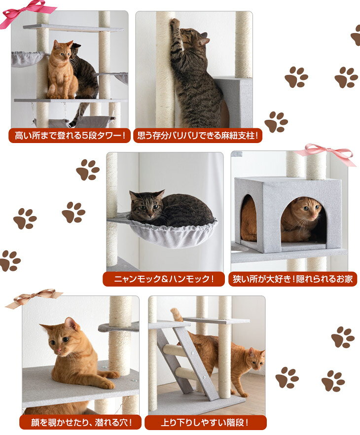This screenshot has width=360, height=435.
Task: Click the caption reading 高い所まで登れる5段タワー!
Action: [x=70, y=136]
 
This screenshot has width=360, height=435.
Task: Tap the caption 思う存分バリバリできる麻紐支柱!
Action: [x=198, y=136]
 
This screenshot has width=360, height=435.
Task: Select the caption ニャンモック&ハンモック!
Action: [x=164, y=279]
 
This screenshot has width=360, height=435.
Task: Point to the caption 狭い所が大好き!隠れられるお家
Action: [x=292, y=279]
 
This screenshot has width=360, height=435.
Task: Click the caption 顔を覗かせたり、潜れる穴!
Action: [x=81, y=423]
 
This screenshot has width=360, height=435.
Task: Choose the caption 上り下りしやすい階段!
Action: [x=205, y=423]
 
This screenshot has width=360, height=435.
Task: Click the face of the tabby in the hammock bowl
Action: [x=147, y=206]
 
